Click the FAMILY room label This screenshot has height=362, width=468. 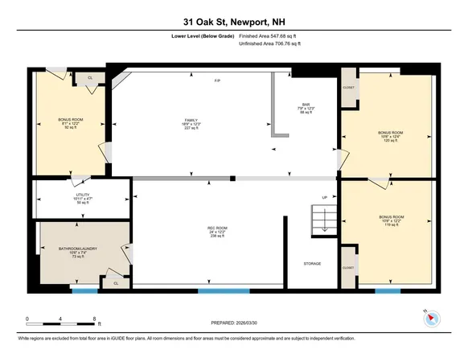coord(191,123)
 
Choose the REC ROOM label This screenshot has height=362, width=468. coord(214,232)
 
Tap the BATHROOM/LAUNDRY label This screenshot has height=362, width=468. coord(79,253)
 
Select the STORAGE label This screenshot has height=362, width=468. coord(313,264)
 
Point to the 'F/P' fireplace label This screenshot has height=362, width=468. coord(216,81)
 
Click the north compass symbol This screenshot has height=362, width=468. coord(431,318)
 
